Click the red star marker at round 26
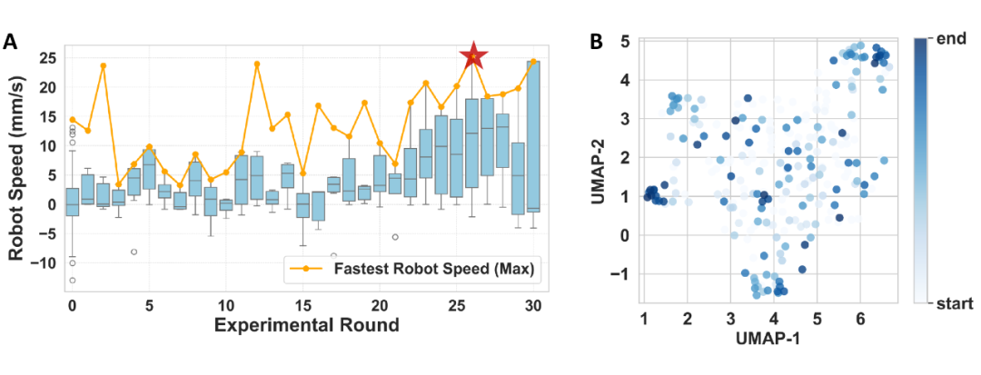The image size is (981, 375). [473, 56]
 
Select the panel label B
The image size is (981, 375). [597, 42]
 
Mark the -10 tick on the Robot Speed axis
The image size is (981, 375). [45, 262]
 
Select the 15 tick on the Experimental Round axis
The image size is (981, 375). [303, 305]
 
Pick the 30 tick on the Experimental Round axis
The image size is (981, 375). [534, 305]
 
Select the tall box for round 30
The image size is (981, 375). [534, 136]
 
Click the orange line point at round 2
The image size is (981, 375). [104, 65]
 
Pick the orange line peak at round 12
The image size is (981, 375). [257, 64]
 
